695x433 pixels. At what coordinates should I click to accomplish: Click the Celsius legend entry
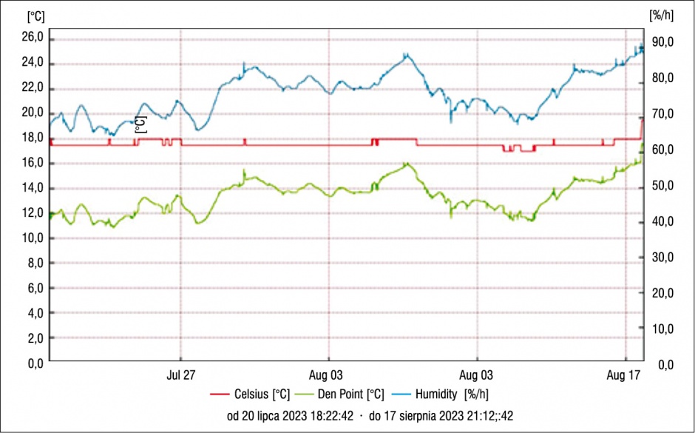coord(250,394)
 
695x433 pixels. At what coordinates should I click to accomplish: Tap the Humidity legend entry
coord(440,394)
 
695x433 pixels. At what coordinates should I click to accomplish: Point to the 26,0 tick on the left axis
coord(33,38)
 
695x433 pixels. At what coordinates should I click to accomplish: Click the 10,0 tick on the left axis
coord(33,238)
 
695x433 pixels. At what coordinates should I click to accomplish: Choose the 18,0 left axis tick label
coord(33,138)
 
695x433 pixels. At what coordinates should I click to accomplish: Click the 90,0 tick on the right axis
coord(662,42)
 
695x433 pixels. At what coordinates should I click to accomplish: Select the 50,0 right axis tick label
coord(662,186)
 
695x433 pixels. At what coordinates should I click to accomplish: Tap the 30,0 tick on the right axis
coord(662,258)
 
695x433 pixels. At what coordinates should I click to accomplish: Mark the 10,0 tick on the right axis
coord(662,329)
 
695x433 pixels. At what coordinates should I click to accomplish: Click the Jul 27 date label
coord(180,375)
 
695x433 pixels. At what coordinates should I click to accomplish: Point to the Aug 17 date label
coord(624,375)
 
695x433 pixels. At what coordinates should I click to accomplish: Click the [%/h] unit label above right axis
coord(661,16)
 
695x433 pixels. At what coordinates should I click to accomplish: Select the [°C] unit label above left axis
coord(36,16)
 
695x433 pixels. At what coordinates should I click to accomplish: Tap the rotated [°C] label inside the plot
coord(140,124)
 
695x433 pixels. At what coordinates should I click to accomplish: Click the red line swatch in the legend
coord(220,394)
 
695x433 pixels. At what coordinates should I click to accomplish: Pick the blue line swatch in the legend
coord(400,394)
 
